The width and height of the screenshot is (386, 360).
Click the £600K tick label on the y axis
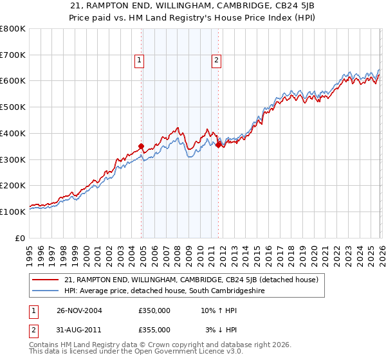tap(13, 81)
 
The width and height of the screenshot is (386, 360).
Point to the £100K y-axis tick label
tap(13, 212)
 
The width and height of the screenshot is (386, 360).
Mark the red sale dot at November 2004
tap(142, 146)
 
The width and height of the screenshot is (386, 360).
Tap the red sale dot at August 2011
tap(218, 145)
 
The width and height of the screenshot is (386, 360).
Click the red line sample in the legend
tap(46, 280)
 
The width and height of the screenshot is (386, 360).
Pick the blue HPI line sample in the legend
tap(46, 291)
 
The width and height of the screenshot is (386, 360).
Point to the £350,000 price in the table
tap(154, 310)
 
